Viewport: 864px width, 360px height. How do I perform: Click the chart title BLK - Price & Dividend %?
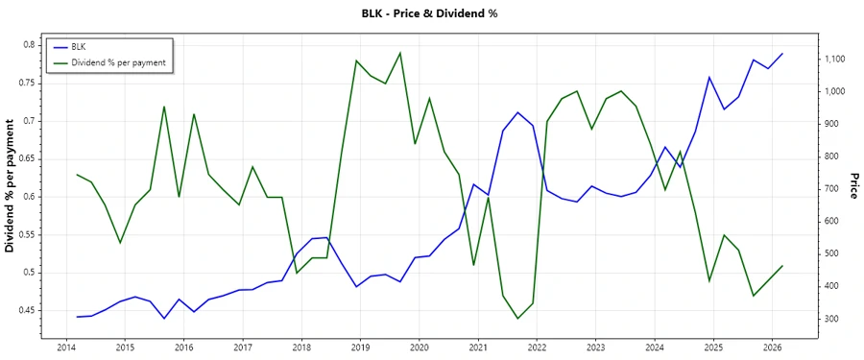[x=431, y=13]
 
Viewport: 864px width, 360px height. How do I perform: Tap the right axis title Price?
[x=852, y=186]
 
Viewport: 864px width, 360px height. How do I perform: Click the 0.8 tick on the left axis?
[x=28, y=45]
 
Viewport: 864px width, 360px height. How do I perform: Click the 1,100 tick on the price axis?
[x=831, y=60]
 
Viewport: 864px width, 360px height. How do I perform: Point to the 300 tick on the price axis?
[x=827, y=319]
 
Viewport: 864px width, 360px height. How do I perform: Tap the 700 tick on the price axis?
[x=827, y=189]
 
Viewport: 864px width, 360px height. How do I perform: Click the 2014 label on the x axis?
[x=66, y=348]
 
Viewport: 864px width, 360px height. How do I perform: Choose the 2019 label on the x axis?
[x=360, y=348]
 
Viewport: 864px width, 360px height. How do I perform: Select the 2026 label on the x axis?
[x=772, y=348]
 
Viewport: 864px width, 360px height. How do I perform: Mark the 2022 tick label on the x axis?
[x=537, y=348]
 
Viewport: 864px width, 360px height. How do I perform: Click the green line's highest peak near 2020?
[x=400, y=53]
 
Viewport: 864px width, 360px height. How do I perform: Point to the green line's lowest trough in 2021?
[x=518, y=319]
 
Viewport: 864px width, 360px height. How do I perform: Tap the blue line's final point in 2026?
[x=782, y=54]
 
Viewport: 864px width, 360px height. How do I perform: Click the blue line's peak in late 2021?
[x=518, y=112]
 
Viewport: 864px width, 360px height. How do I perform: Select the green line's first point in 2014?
[x=77, y=175]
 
